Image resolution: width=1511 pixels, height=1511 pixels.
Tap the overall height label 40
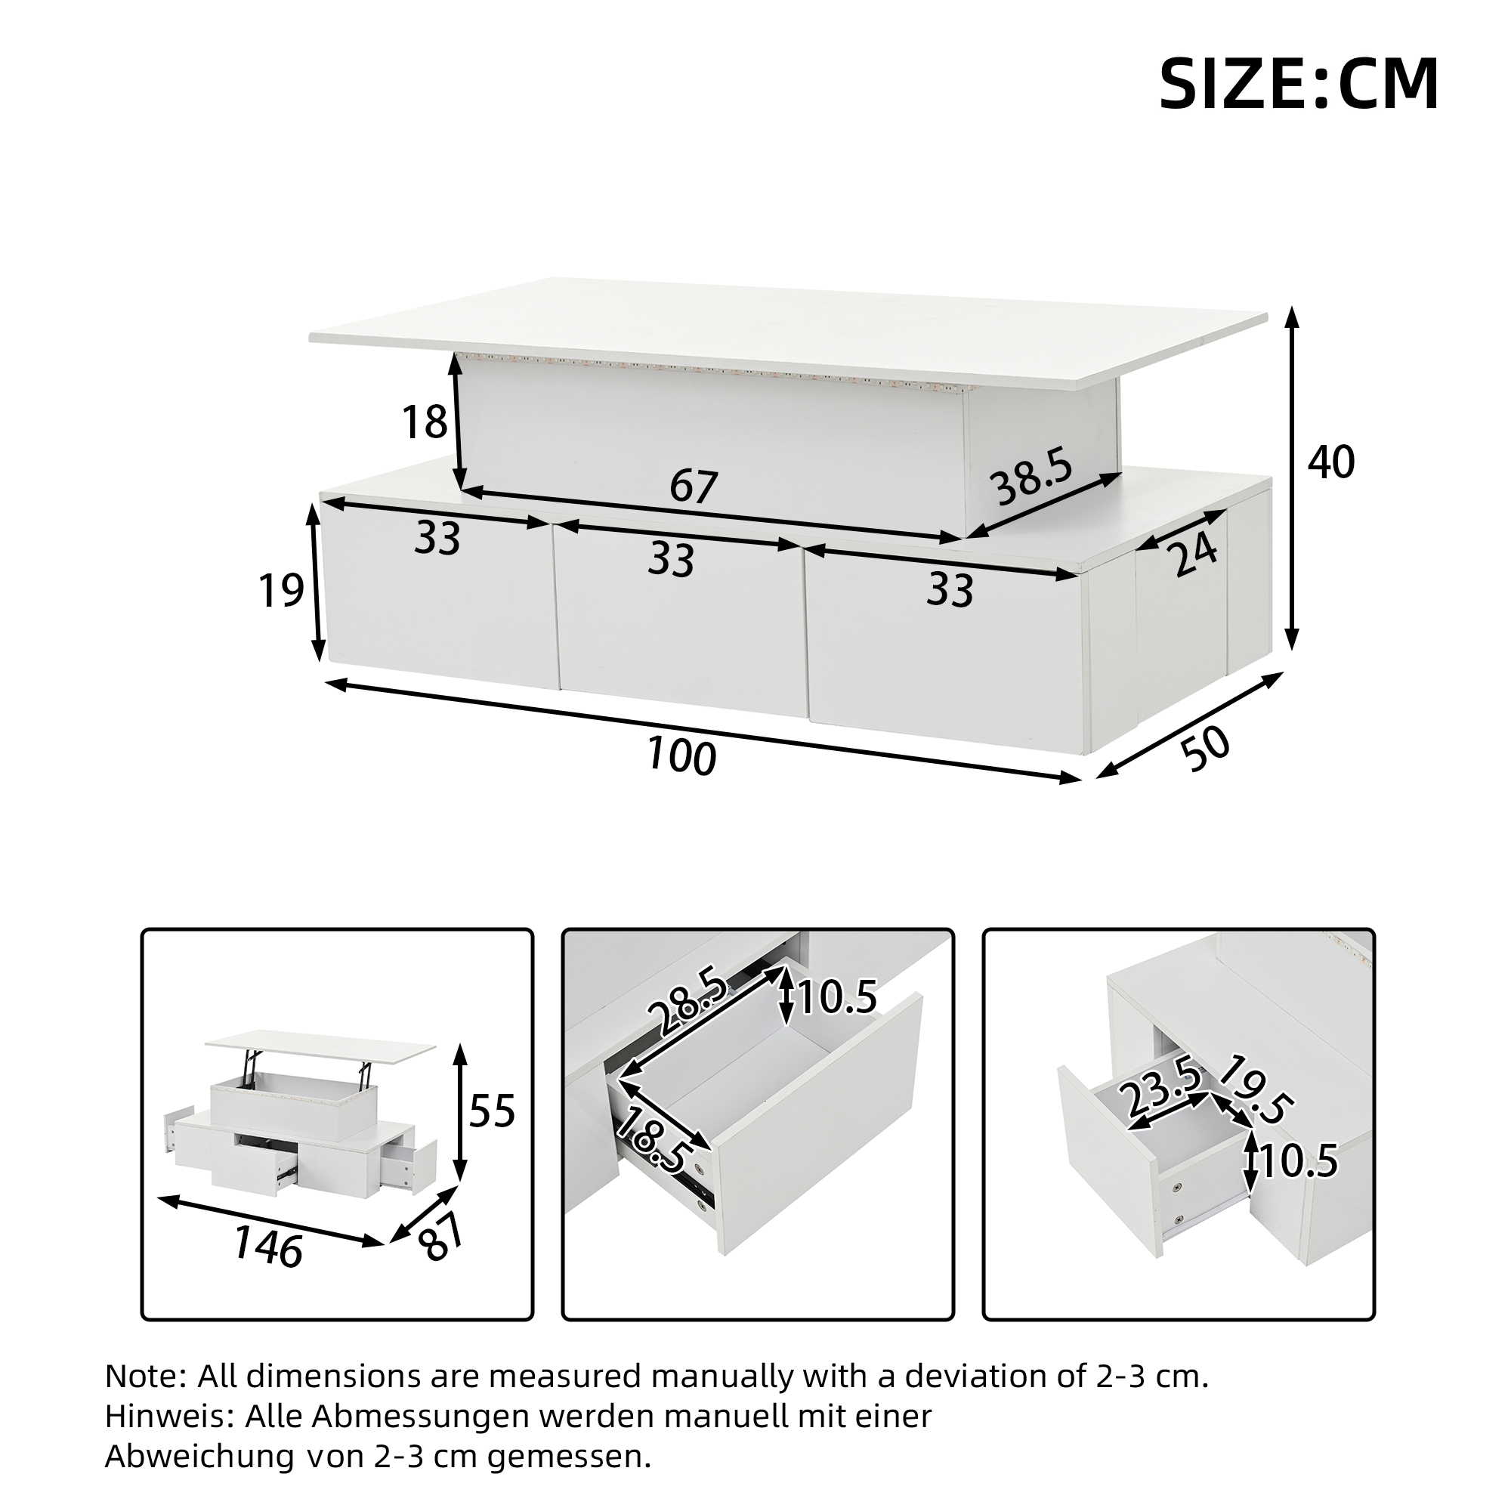click(1332, 463)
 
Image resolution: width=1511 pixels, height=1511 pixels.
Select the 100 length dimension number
click(681, 756)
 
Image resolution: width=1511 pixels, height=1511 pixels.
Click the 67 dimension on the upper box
click(694, 487)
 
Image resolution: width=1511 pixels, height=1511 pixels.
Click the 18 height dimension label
click(425, 422)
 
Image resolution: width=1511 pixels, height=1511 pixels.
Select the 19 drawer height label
click(281, 591)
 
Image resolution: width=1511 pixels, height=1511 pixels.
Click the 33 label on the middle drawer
click(672, 560)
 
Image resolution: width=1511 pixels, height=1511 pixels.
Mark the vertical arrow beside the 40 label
click(1293, 479)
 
